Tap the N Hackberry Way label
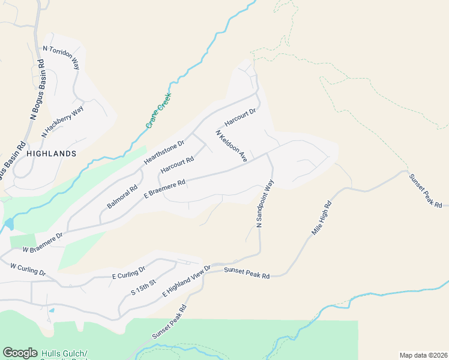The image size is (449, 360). click(x=62, y=122)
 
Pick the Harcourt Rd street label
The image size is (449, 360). click(x=176, y=166)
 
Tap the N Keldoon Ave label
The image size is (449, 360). click(x=232, y=146)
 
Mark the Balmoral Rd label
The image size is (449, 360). click(x=122, y=197)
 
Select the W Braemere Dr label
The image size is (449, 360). click(x=43, y=242)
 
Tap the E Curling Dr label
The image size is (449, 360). click(x=129, y=272)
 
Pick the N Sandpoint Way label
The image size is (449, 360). click(x=265, y=203)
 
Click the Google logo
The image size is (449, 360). click(x=20, y=353)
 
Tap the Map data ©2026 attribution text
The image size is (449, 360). click(x=423, y=355)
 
